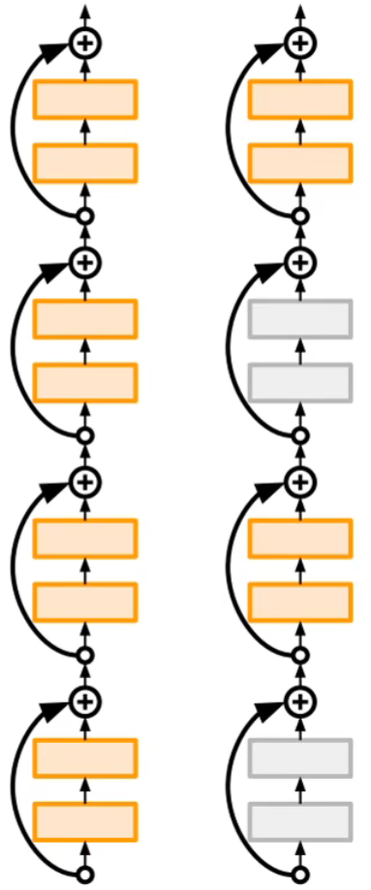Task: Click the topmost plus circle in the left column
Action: coord(85,42)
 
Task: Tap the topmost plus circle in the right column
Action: coord(300,42)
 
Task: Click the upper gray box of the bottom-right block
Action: coord(300,757)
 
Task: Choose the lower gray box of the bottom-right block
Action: coord(300,820)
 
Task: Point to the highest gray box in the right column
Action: coord(300,318)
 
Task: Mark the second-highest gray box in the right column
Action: coord(300,382)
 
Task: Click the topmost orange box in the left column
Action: coord(85,100)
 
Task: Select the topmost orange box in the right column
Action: coord(300,100)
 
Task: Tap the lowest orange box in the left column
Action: coord(85,820)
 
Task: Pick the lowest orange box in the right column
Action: coord(300,601)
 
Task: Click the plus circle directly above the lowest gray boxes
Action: coord(300,700)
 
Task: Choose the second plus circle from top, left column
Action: coord(85,261)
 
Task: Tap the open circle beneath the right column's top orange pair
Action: coord(300,217)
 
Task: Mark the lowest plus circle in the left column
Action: coord(85,700)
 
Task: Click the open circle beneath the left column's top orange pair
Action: coord(85,217)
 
